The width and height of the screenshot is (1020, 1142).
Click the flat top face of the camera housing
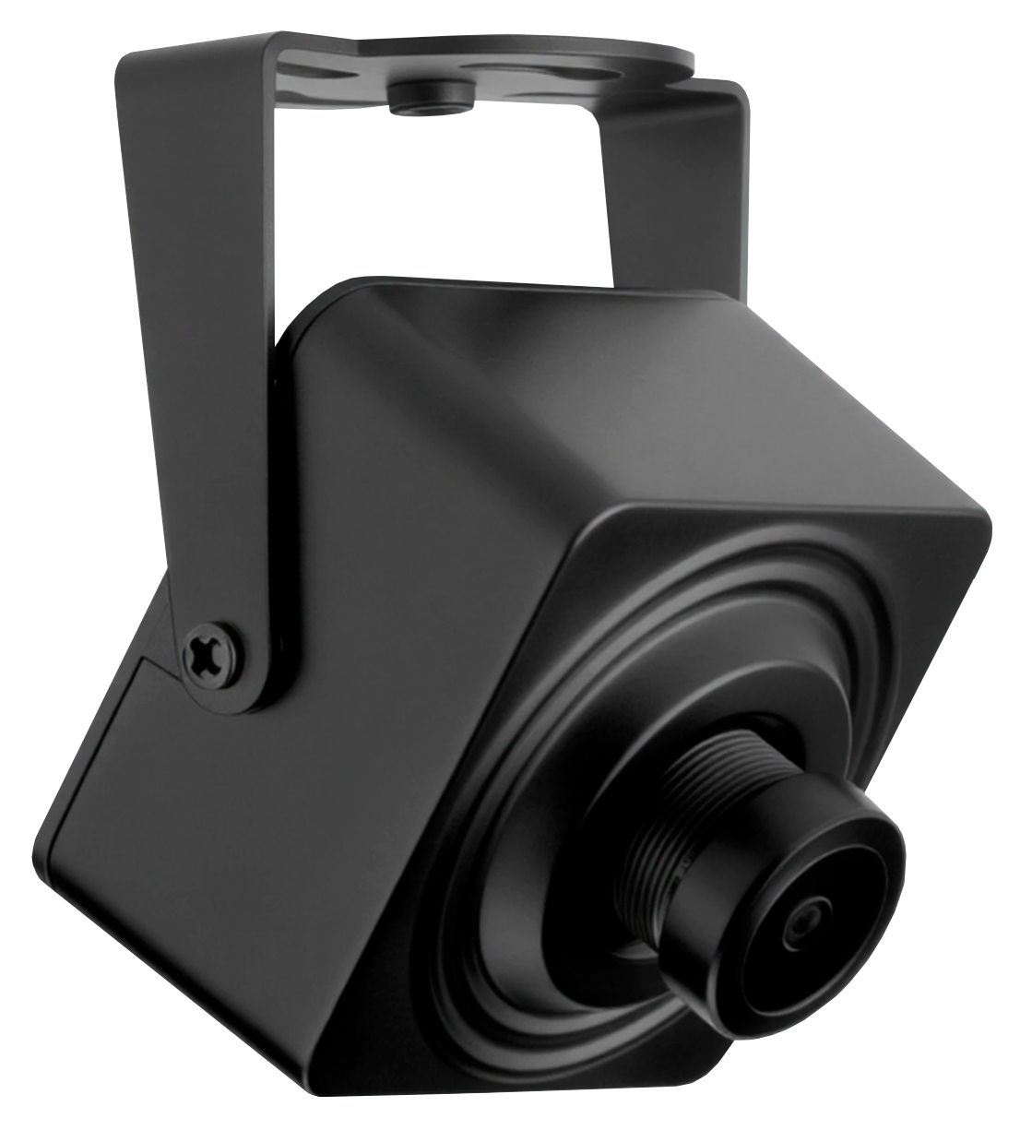tap(590, 387)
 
